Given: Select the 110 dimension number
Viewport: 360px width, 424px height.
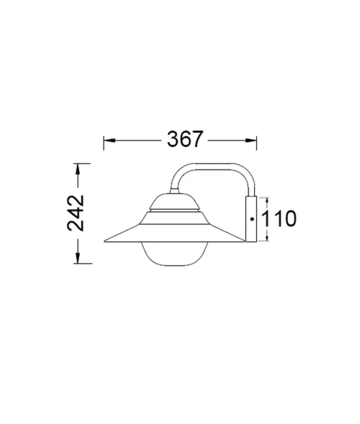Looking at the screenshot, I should pyautogui.click(x=280, y=219).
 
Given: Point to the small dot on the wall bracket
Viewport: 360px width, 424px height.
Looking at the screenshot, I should pyautogui.click(x=252, y=220).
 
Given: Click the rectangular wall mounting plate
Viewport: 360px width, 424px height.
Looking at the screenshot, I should pyautogui.click(x=251, y=219).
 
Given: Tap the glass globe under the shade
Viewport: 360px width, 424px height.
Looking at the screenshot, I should pyautogui.click(x=172, y=255).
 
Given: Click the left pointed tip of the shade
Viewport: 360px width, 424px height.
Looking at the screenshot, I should pyautogui.click(x=105, y=242).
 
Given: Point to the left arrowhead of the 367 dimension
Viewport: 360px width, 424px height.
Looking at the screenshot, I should pyautogui.click(x=107, y=140).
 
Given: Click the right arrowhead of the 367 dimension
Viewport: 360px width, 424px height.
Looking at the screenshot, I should pyautogui.click(x=257, y=140).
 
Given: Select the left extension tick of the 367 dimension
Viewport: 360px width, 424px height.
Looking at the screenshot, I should pyautogui.click(x=104, y=140).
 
